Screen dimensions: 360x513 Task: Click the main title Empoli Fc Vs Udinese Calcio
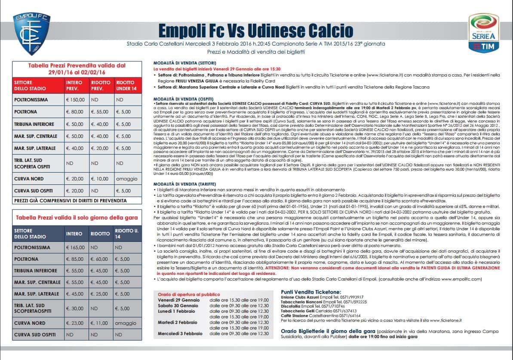[x=255, y=31]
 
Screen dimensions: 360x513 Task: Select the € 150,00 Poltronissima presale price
[x=76, y=100]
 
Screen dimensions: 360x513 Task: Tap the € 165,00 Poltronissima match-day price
[x=76, y=248]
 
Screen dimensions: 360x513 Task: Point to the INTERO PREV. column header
[x=76, y=85]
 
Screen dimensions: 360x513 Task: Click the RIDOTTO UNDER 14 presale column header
[x=127, y=85]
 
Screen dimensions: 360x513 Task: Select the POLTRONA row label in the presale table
[x=28, y=112]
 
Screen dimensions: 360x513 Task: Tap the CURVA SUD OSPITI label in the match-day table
[x=35, y=334]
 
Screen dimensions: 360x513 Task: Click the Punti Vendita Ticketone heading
[x=310, y=292]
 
